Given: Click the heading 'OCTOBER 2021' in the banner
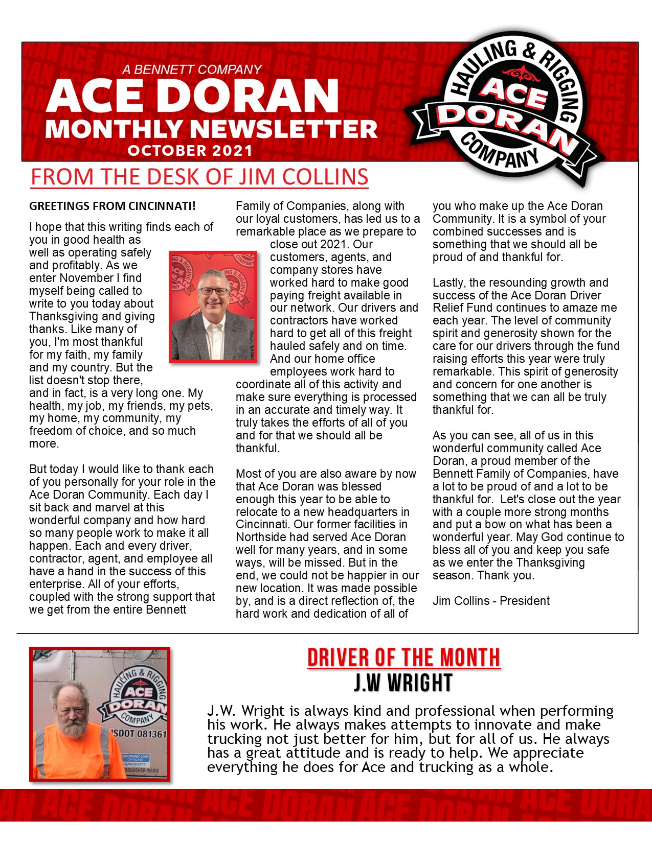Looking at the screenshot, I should pos(190,151).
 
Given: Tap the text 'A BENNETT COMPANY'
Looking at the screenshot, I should pos(192,69).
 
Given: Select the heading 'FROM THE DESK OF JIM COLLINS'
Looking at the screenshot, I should pos(199,177).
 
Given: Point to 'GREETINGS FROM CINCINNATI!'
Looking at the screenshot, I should pos(113,206).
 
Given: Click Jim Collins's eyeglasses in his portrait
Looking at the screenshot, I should pos(214,291).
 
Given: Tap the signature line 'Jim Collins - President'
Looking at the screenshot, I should pos(491,601).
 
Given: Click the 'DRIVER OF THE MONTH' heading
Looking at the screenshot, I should pos(403,658).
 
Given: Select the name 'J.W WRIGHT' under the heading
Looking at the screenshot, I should pos(403,683).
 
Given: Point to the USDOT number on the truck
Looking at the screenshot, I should pos(139,734).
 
